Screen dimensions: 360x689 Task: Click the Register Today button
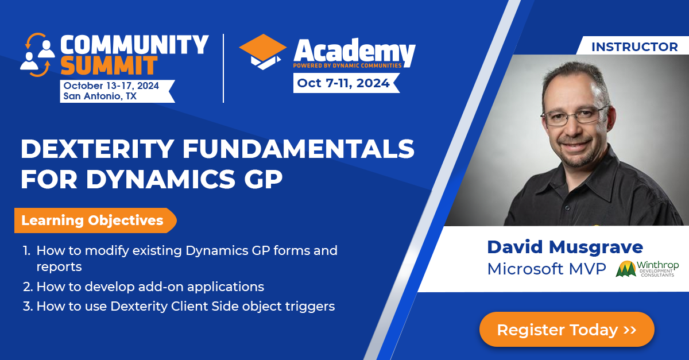(566, 330)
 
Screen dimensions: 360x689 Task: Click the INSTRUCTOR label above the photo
(634, 47)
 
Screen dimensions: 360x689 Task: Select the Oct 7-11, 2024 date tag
(343, 83)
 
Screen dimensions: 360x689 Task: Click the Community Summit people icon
(37, 55)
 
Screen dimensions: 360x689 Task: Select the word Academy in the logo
(354, 53)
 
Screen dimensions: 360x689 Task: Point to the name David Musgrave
(565, 247)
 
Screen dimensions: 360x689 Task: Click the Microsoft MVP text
(546, 269)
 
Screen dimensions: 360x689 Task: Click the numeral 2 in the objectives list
(27, 287)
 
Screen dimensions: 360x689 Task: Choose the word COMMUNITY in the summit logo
(134, 45)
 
